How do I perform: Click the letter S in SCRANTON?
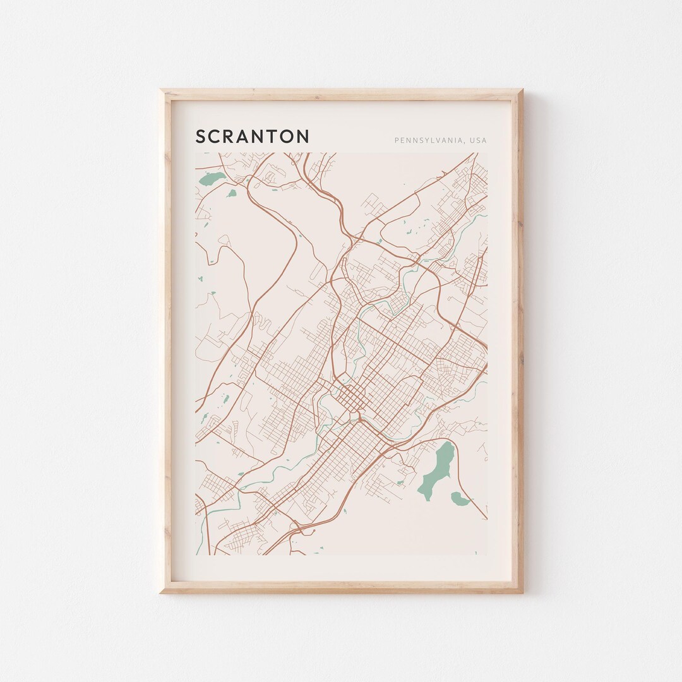pos(201,136)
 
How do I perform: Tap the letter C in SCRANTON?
pos(216,136)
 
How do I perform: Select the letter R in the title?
pos(231,136)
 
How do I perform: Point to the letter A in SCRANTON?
pos(246,136)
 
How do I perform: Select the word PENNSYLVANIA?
pos(429,140)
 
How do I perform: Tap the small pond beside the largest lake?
pos(460,500)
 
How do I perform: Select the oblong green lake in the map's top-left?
pos(212,179)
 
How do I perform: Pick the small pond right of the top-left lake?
pos(232,193)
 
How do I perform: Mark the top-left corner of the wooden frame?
pos(160,90)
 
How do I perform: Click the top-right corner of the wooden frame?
pos(522,90)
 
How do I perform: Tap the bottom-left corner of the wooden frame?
pos(160,592)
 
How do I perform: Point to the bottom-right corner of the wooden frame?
pos(522,592)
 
